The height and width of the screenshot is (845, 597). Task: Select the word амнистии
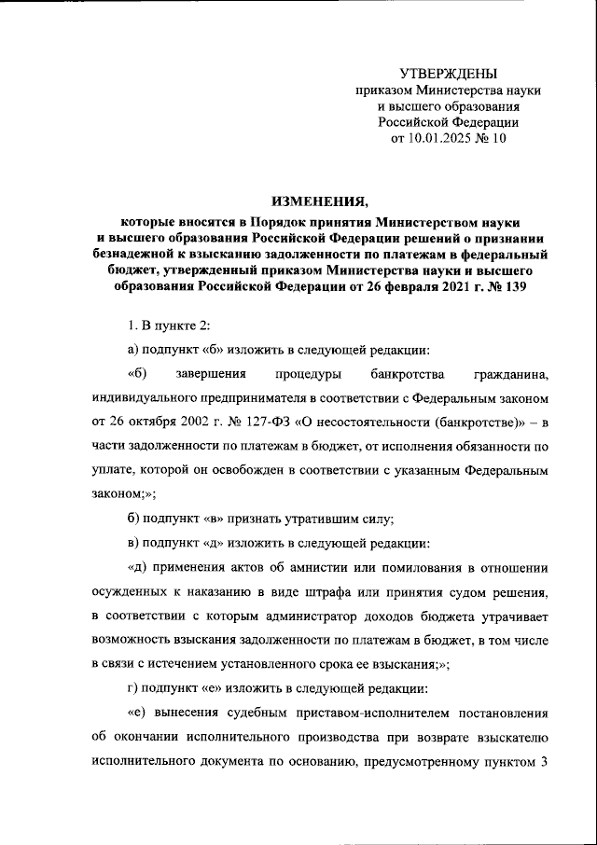(298, 566)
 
